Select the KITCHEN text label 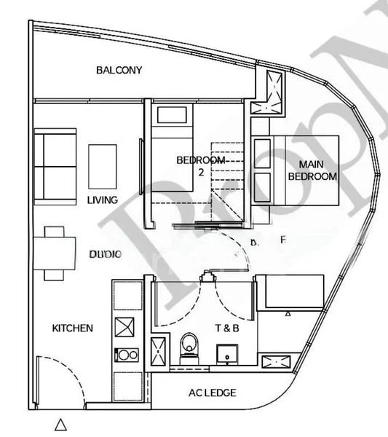[x=72, y=328]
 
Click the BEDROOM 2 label [x=199, y=165]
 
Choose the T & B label [x=223, y=328]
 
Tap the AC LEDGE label [x=212, y=393]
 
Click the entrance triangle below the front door [x=61, y=423]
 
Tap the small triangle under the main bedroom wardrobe [x=289, y=313]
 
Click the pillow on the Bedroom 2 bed [x=173, y=115]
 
